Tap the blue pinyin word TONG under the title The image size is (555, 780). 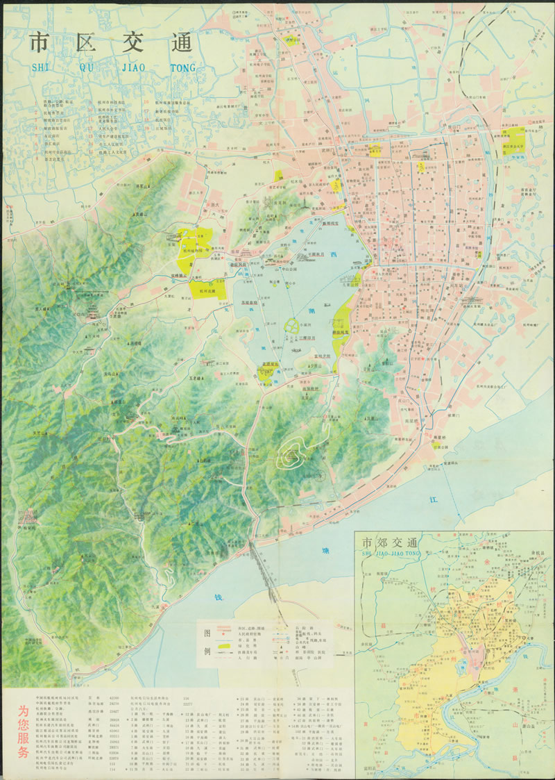point(182,68)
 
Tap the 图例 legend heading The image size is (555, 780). point(205,643)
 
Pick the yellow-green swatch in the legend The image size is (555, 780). point(222,646)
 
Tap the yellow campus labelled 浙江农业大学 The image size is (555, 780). point(514,142)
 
